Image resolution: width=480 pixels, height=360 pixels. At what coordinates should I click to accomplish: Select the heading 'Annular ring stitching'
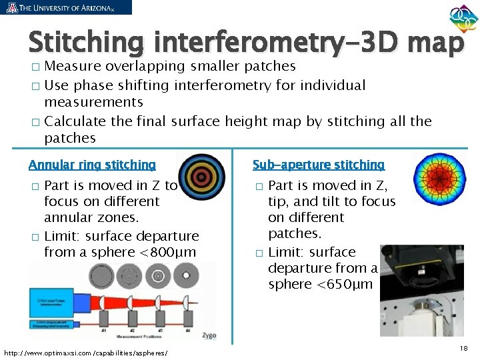92,165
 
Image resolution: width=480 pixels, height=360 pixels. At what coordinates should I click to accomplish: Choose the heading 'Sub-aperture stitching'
319,165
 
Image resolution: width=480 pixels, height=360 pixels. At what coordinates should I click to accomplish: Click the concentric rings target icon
198,176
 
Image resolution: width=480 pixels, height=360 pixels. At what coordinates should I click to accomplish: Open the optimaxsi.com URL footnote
85,352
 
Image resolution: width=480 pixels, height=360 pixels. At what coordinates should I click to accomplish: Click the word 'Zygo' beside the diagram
208,335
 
